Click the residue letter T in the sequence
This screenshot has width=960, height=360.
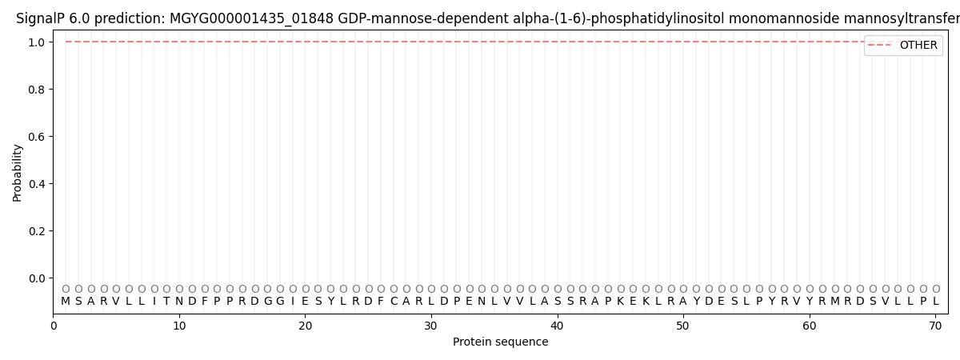click(x=166, y=302)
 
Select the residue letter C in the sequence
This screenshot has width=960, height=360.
click(x=394, y=302)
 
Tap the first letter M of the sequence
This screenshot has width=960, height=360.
click(x=66, y=302)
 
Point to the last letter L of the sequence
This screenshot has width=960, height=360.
click(x=936, y=302)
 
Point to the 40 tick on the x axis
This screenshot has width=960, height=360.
click(x=558, y=326)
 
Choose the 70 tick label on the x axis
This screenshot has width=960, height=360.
click(x=936, y=326)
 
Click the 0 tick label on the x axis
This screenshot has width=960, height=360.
click(x=54, y=326)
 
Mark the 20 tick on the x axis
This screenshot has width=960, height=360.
click(x=306, y=326)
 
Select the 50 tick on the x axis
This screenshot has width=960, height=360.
click(x=683, y=326)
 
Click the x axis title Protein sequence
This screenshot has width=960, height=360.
click(x=501, y=342)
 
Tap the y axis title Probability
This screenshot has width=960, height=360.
click(x=18, y=172)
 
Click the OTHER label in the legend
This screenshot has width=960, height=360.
click(x=918, y=46)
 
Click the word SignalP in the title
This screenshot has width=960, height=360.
click(x=41, y=18)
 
